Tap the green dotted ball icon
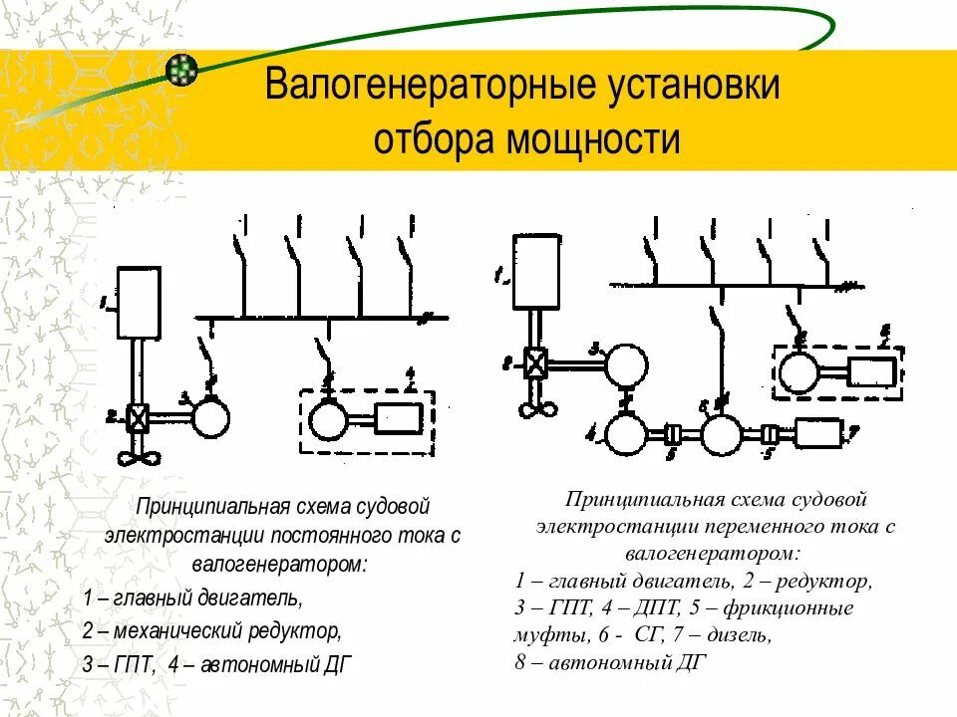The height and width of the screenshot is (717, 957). click(x=180, y=68)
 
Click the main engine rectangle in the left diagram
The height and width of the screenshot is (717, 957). click(x=139, y=303)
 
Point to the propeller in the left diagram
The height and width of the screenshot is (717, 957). click(x=138, y=456)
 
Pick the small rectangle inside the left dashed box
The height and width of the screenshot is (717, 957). click(x=400, y=421)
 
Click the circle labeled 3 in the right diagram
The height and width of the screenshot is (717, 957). click(x=627, y=363)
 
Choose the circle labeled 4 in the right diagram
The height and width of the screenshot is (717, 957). click(x=627, y=435)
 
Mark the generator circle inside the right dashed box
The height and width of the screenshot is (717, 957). click(x=798, y=374)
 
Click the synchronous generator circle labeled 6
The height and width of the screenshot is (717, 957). click(x=721, y=435)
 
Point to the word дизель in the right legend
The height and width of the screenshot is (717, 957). click(x=737, y=632)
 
